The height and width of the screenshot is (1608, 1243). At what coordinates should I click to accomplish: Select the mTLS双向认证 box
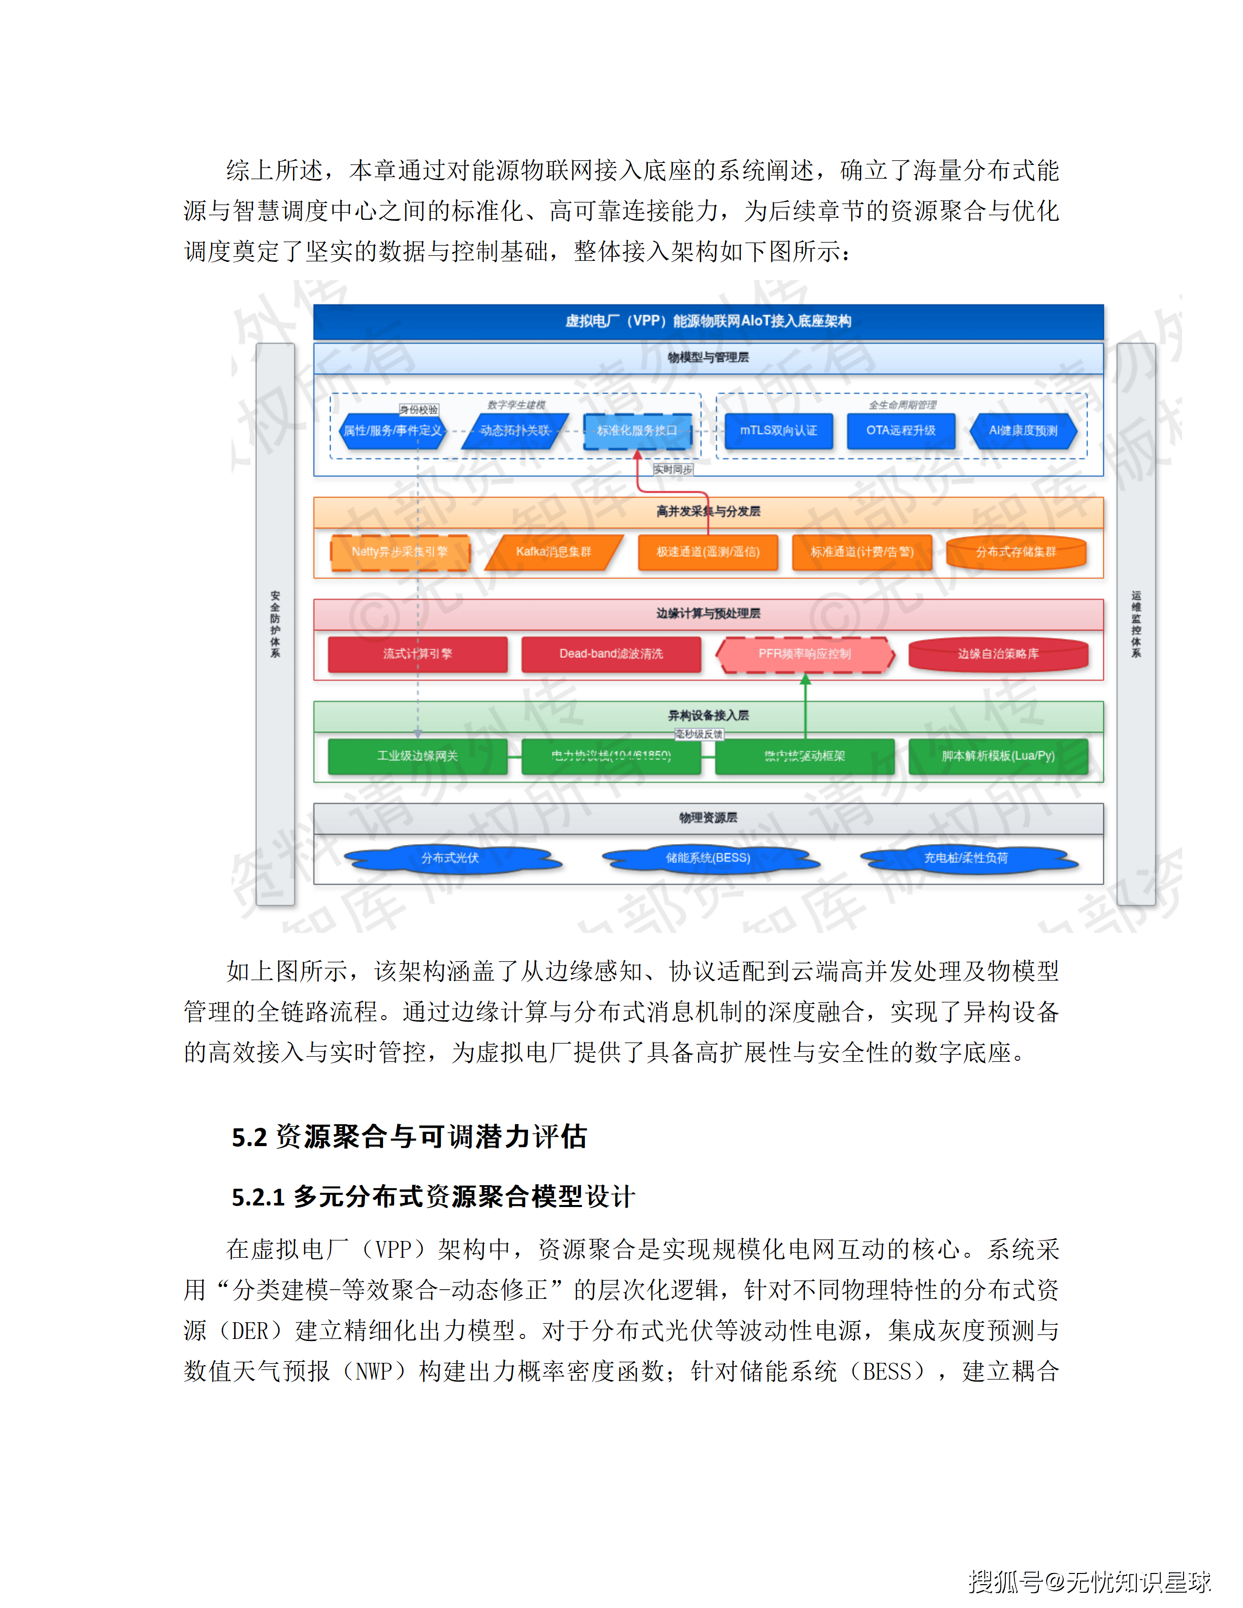pos(778,431)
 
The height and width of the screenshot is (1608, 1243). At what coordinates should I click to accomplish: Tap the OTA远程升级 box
pos(901,431)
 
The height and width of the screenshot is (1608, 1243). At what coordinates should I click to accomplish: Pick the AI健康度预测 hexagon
pos(1023,431)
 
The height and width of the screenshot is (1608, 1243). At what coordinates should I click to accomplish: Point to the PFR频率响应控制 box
pos(805,654)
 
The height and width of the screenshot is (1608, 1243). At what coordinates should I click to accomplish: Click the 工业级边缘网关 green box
pos(417,756)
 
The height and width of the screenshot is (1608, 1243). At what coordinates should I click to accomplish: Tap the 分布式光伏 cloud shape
pos(450,858)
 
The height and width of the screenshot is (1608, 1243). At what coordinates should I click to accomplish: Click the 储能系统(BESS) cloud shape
pos(708,858)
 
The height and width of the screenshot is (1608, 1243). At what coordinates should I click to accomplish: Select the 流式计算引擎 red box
pos(417,654)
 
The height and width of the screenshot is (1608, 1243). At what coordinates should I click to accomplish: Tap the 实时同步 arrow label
pos(672,470)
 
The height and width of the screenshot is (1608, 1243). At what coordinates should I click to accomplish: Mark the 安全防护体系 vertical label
pos(275,624)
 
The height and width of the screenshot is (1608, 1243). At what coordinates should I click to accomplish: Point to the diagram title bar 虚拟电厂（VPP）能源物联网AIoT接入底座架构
pos(708,321)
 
